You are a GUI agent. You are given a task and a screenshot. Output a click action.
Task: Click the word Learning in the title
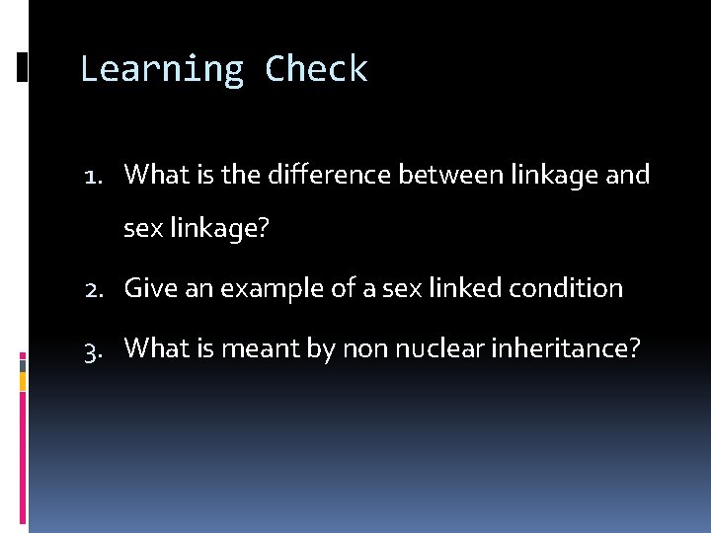pos(162,69)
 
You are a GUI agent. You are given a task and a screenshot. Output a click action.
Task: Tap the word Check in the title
pos(316,69)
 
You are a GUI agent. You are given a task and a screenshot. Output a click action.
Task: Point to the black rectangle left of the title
pos(22,66)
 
